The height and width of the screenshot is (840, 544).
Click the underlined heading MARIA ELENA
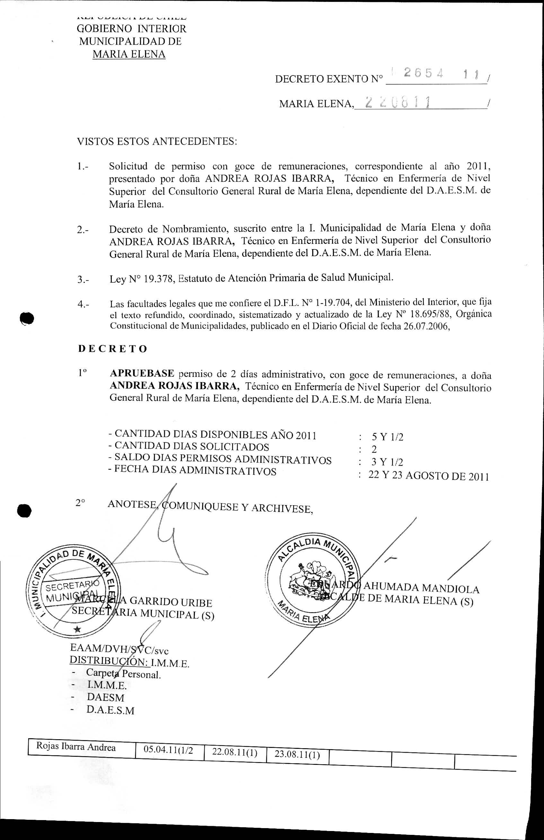pyautogui.click(x=129, y=54)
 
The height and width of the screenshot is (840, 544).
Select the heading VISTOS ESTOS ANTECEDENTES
pyautogui.click(x=157, y=142)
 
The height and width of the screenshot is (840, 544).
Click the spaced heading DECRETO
pyautogui.click(x=112, y=349)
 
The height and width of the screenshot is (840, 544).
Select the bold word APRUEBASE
pyautogui.click(x=142, y=373)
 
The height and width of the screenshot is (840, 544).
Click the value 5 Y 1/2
pyautogui.click(x=387, y=437)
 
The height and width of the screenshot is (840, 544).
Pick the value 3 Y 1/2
pyautogui.click(x=387, y=462)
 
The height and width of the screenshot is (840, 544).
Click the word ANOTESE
pyautogui.click(x=132, y=504)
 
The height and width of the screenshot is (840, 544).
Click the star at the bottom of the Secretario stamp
pyautogui.click(x=77, y=629)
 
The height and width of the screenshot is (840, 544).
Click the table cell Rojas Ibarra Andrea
pyautogui.click(x=76, y=747)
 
